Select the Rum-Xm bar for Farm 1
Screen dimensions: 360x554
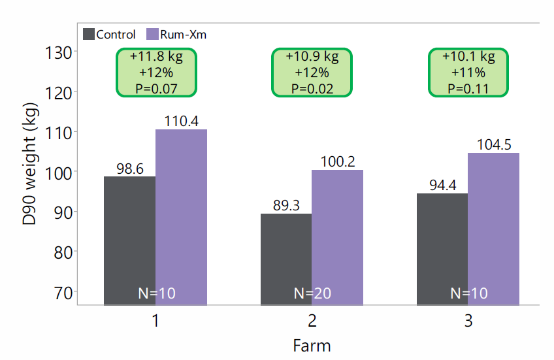coord(181,216)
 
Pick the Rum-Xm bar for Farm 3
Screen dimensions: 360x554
coord(493,229)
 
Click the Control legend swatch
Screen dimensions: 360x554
coord(89,34)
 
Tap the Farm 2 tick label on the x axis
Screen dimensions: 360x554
coord(312,321)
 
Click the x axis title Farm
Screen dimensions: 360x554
coord(312,345)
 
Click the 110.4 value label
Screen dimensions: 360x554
coord(181,121)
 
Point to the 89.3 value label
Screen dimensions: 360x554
coord(285,205)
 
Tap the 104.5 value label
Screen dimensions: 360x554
coord(493,144)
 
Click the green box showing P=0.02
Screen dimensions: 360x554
coord(312,73)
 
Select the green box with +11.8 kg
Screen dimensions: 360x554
coord(155,73)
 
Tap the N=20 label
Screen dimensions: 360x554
coord(312,293)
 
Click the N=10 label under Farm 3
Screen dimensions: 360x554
coord(468,293)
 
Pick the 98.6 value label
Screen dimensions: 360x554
coord(130,168)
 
